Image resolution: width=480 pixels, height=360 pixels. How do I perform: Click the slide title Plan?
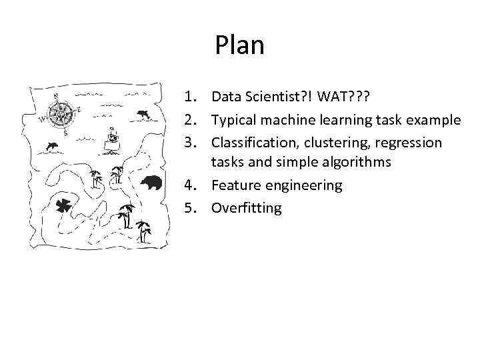(240, 45)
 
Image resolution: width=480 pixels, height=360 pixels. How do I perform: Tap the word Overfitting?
(247, 208)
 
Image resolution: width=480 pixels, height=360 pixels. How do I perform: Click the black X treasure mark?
(65, 206)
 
